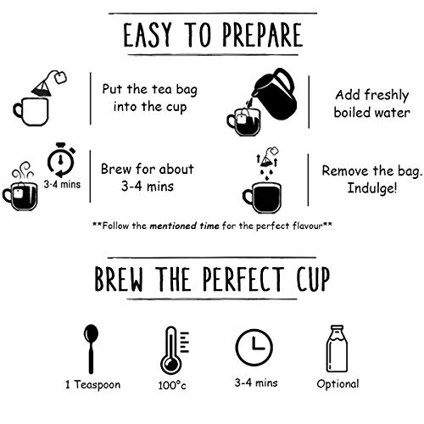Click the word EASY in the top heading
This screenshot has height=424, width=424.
pyautogui.click(x=148, y=35)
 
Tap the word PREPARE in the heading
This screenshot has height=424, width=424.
pyautogui.click(x=262, y=35)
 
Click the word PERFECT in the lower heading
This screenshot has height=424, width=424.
pyautogui.click(x=243, y=279)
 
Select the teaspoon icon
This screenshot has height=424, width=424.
pyautogui.click(x=91, y=349)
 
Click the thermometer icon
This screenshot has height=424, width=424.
pyautogui.click(x=172, y=350)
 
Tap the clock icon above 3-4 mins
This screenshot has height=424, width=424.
pyautogui.click(x=254, y=348)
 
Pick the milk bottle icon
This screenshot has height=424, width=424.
pyautogui.click(x=337, y=349)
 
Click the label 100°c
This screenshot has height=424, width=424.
pyautogui.click(x=172, y=385)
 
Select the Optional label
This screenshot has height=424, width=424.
pyautogui.click(x=338, y=384)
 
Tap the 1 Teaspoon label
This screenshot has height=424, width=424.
pyautogui.click(x=92, y=385)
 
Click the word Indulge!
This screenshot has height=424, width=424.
pyautogui.click(x=372, y=188)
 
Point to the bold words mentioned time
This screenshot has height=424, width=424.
pyautogui.click(x=184, y=226)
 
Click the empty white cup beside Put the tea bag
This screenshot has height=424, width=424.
pyautogui.click(x=31, y=112)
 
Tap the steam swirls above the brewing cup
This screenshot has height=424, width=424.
pyautogui.click(x=23, y=170)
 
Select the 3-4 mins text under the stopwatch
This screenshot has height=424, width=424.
pyautogui.click(x=62, y=185)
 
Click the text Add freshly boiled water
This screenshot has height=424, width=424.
pyautogui.click(x=372, y=103)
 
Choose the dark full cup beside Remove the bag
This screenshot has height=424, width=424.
pyautogui.click(x=262, y=198)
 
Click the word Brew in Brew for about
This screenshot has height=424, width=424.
pyautogui.click(x=116, y=170)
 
